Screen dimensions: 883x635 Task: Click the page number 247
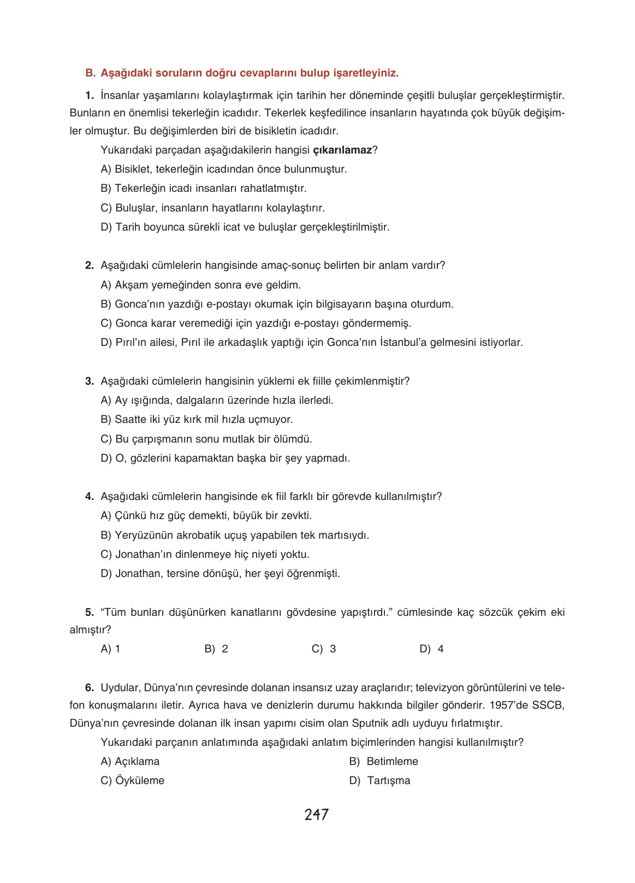(317, 815)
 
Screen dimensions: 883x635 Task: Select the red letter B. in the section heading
(90, 73)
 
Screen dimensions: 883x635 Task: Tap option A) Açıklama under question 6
(130, 762)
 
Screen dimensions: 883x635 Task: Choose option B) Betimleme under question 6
(384, 762)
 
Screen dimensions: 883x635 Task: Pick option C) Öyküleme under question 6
(132, 781)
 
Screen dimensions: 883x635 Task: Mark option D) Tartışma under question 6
(380, 781)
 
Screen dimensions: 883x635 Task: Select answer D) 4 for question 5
(431, 649)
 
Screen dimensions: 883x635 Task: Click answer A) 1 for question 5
(110, 649)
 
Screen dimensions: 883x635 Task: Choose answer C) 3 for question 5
(324, 649)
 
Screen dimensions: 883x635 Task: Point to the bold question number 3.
(90, 381)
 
